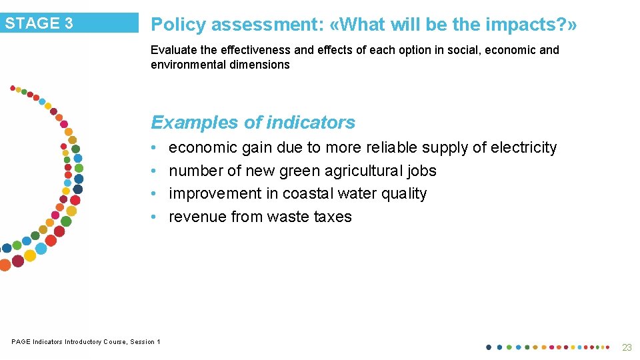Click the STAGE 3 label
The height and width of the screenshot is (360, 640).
[39, 23]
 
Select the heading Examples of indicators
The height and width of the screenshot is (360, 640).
[253, 123]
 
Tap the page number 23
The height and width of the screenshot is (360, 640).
[627, 347]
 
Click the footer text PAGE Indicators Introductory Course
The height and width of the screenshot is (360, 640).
[85, 342]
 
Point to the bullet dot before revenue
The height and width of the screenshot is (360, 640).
[154, 217]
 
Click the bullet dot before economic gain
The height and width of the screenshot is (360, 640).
[154, 148]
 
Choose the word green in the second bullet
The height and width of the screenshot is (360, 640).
[299, 171]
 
